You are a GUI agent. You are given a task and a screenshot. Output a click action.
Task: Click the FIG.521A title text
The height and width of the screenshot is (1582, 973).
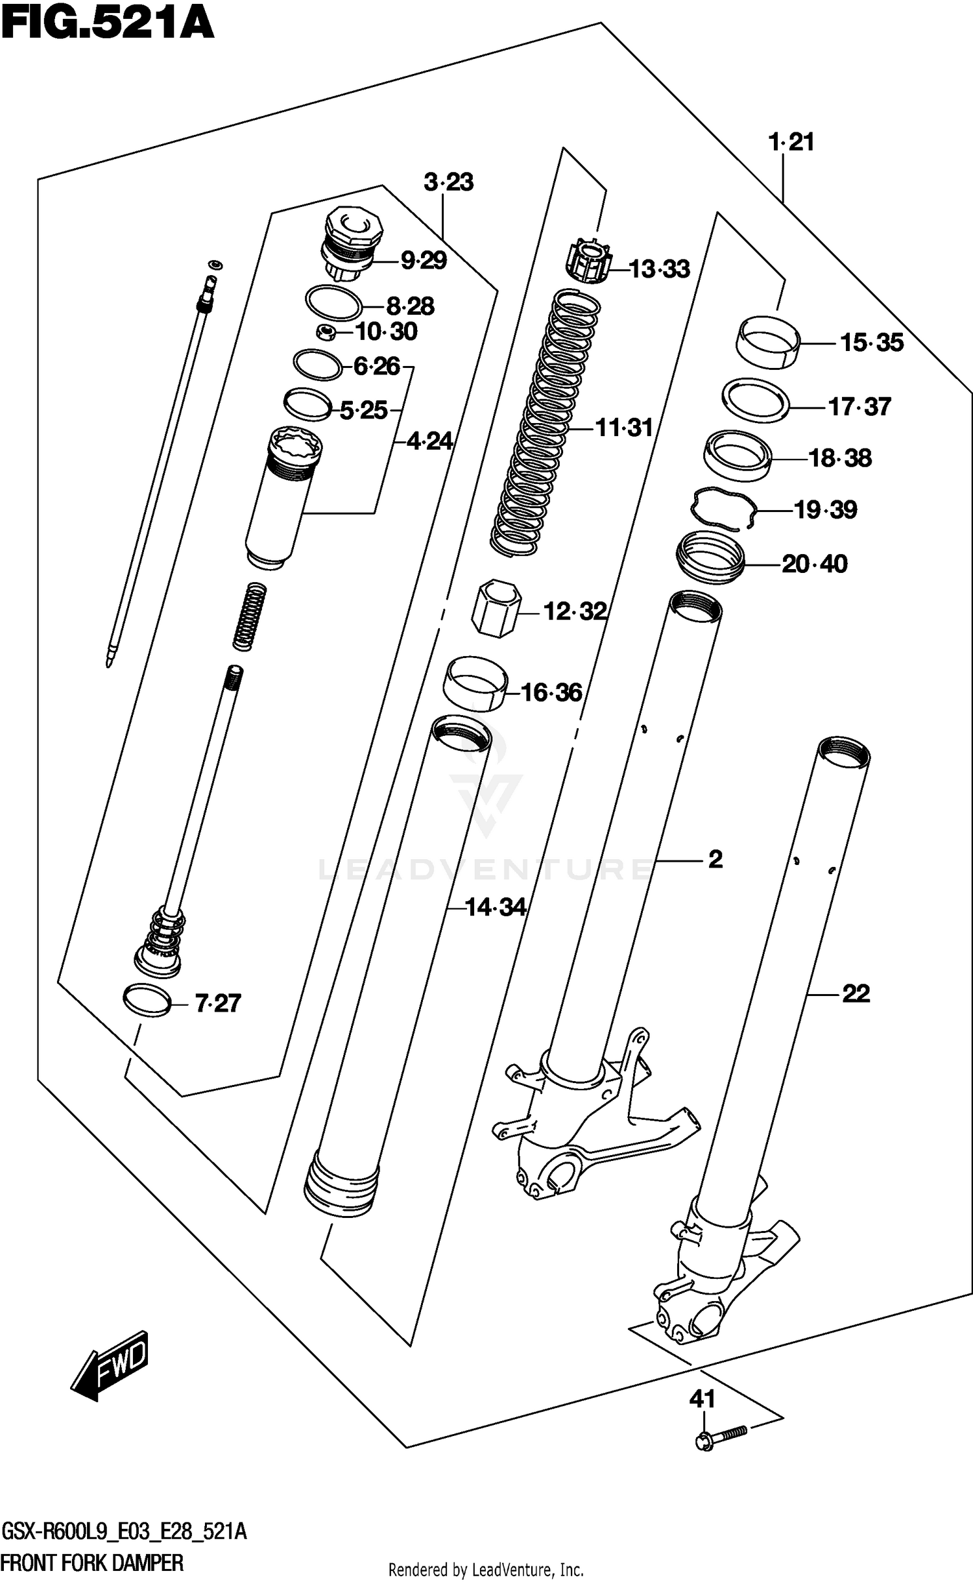click(x=107, y=25)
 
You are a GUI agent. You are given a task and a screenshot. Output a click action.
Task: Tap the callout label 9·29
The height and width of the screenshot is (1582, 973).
click(x=423, y=261)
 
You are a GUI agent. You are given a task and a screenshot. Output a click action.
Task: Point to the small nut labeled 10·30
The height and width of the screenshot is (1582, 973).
click(x=326, y=333)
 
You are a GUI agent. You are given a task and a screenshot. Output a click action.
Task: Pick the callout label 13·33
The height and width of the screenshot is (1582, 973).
click(x=660, y=269)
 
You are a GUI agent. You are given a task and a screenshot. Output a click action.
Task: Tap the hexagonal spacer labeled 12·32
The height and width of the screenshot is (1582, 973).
click(x=496, y=608)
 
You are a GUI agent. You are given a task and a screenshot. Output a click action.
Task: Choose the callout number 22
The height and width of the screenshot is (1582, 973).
click(x=856, y=993)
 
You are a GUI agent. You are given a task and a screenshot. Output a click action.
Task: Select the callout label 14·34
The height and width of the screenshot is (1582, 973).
click(x=495, y=907)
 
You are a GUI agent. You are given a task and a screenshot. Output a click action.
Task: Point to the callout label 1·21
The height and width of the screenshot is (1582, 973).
click(x=791, y=142)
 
